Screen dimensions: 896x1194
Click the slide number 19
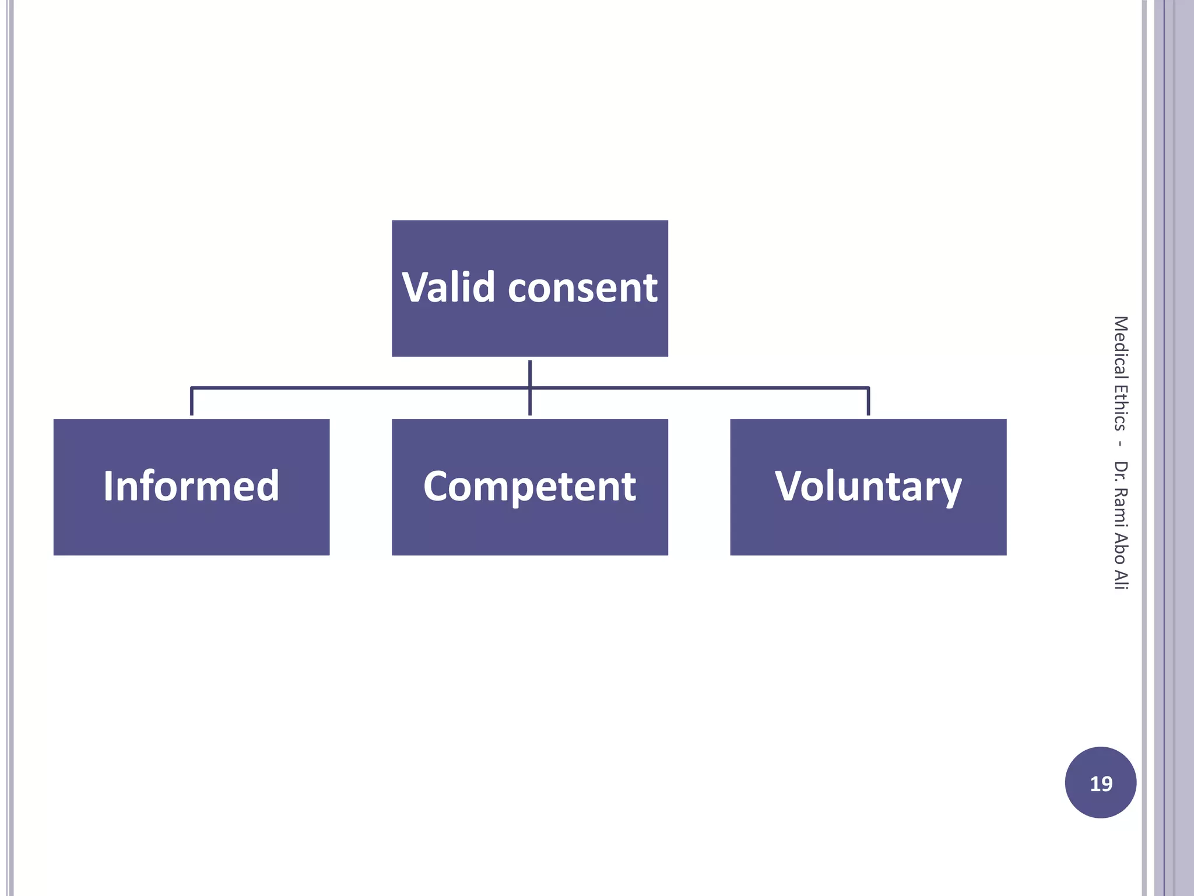tap(1101, 783)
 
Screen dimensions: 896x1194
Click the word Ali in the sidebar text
tap(1121, 578)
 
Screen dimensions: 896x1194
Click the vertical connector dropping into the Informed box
tap(192, 402)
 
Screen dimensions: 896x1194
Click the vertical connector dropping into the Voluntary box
tap(868, 402)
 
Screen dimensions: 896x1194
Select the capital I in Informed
tap(108, 485)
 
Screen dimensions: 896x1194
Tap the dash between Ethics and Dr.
tap(1121, 444)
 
